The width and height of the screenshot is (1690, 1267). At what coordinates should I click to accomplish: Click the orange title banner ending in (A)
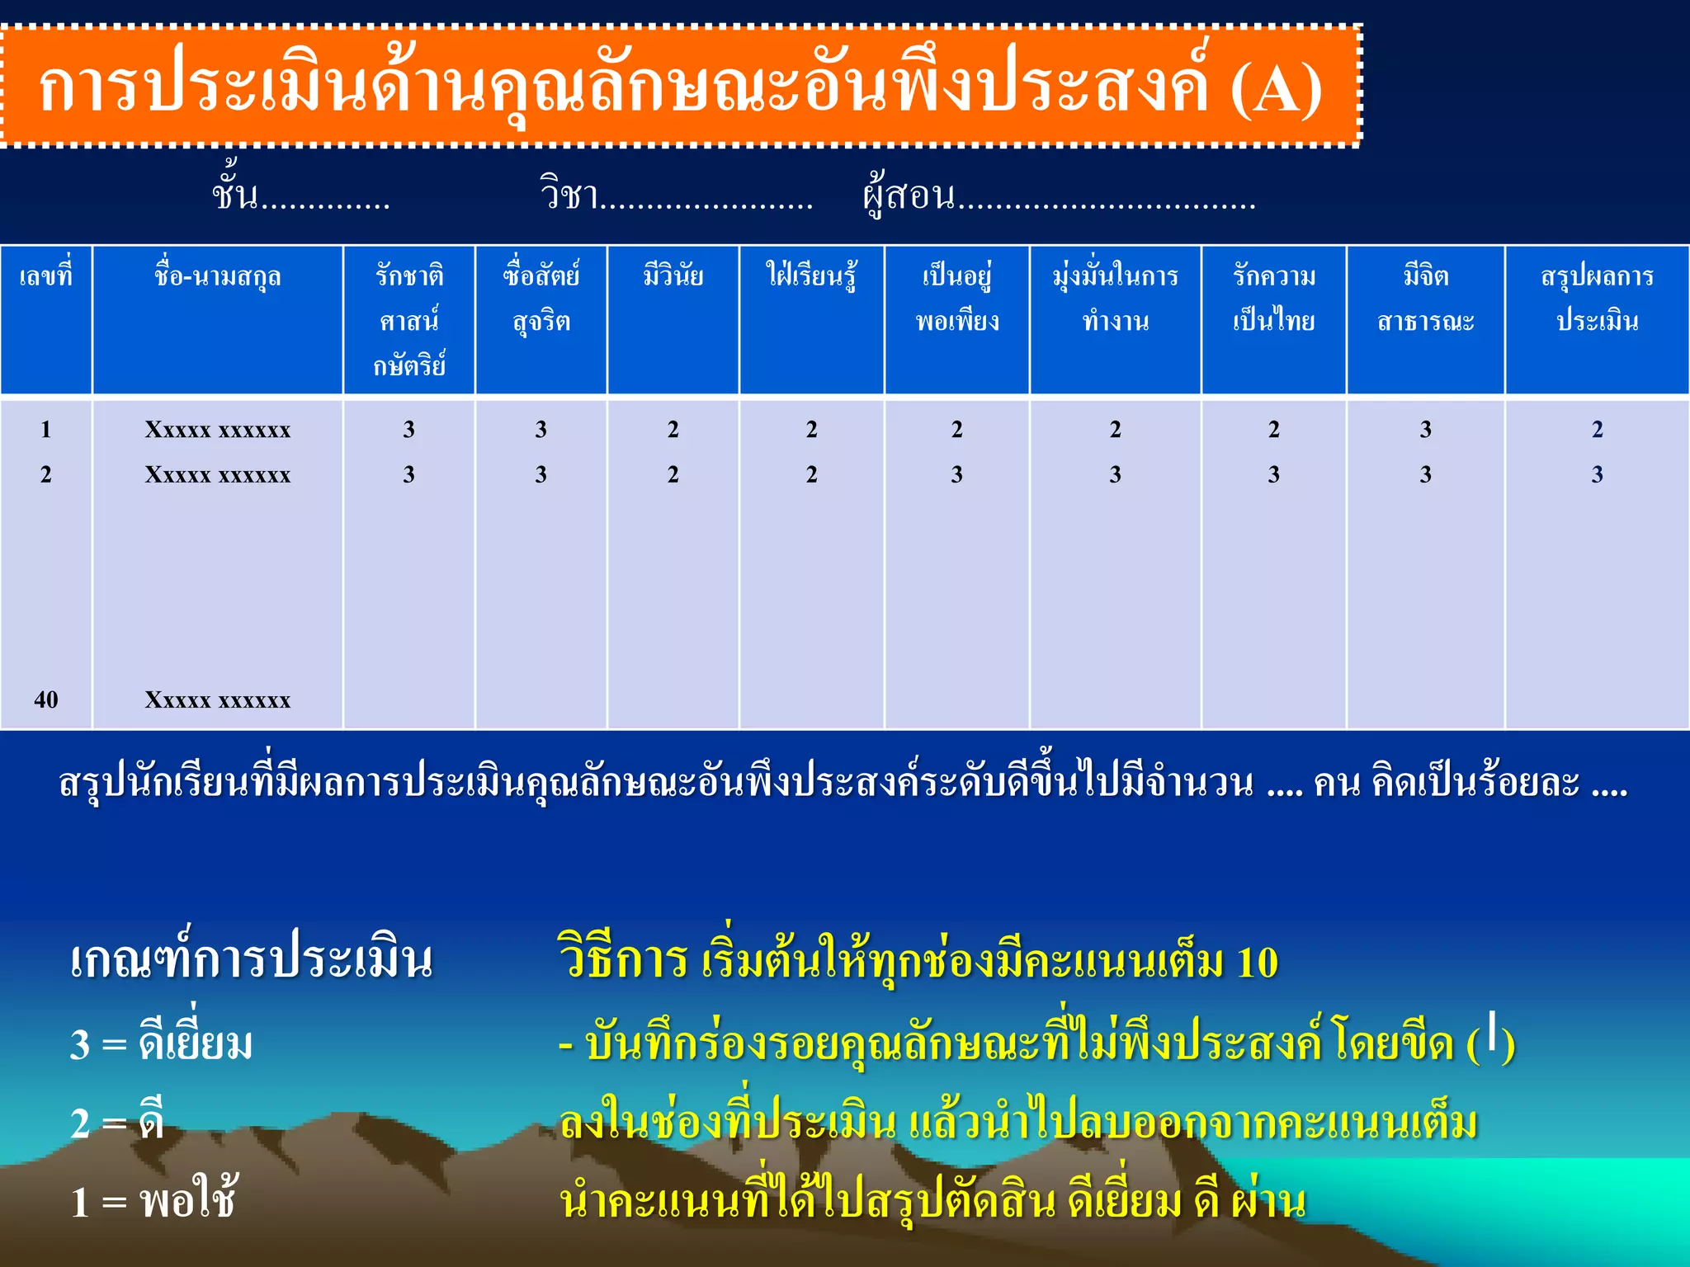coord(681,87)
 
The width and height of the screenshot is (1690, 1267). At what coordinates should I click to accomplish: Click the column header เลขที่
coord(46,276)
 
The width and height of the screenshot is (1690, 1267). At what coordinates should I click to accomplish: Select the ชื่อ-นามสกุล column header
coord(217,276)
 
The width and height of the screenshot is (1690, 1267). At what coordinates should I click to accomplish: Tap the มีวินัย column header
coord(673,276)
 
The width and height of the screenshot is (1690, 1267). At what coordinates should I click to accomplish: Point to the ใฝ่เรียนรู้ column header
coord(811,276)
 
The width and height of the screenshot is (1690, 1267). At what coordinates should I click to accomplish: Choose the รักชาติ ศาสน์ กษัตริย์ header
coord(409,320)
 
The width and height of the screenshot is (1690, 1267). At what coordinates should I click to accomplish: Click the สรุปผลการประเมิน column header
coord(1597,298)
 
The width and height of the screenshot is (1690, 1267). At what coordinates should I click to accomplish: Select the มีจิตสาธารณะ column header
coord(1425,298)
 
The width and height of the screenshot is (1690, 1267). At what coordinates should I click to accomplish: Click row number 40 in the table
coord(46,699)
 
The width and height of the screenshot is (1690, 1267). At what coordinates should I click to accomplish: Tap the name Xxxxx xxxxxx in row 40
coord(217,700)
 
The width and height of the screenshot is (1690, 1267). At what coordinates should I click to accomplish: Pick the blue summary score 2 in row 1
coord(1597,429)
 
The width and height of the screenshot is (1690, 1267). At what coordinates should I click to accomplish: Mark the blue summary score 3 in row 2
coord(1597,474)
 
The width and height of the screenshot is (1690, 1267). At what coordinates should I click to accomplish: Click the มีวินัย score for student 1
coord(673,429)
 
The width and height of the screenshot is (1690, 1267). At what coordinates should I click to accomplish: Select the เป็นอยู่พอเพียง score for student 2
coord(956,474)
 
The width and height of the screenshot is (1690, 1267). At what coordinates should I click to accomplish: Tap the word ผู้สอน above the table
coord(909,195)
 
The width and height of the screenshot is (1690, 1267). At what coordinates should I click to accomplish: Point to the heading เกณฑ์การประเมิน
coord(251,960)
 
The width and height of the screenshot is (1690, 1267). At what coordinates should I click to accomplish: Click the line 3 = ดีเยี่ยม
coord(162,1043)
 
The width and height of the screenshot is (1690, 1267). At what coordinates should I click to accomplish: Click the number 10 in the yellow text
coord(1258,963)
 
